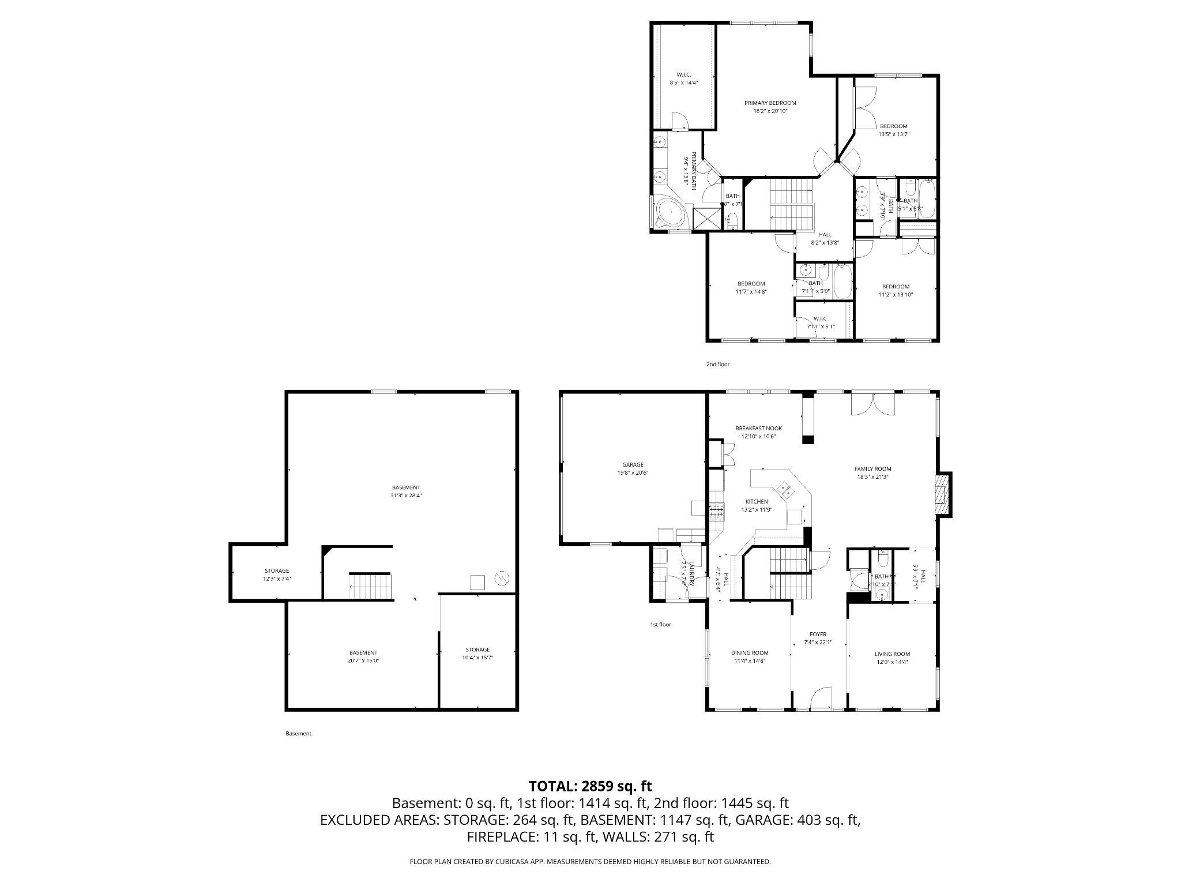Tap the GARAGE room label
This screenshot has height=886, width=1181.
click(633, 464)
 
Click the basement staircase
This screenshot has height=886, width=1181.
click(369, 585)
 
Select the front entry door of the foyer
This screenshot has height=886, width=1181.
click(821, 698)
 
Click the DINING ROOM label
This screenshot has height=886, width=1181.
click(750, 653)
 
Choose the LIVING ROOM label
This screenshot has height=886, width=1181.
click(892, 654)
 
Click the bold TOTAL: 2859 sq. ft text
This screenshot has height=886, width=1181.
click(590, 786)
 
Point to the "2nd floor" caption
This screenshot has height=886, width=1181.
click(718, 365)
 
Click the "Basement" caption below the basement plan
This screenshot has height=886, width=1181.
click(298, 734)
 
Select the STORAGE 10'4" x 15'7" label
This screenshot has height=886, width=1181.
click(477, 650)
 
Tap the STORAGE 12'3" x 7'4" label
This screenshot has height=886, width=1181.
click(277, 571)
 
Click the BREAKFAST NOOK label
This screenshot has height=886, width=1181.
click(758, 429)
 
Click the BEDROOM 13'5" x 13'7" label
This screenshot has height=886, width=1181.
click(893, 126)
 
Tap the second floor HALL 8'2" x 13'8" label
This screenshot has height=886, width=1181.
click(825, 235)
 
